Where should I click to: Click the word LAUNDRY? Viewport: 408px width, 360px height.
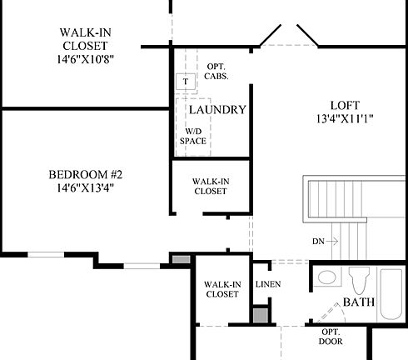217,110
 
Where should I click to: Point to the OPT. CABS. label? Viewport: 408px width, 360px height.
216,72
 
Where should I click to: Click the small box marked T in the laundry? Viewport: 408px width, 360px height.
185,82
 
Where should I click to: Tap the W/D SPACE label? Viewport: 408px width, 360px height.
193,137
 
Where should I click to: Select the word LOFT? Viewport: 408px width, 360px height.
344,105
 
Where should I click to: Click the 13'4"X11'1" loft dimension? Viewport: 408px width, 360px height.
344,118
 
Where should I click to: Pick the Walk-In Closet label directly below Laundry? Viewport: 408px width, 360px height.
210,186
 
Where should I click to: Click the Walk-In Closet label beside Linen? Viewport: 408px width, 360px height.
221,289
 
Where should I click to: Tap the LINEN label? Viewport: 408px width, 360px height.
267,285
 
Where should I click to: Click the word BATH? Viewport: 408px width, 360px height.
358,302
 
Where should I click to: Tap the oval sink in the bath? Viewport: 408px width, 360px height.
326,278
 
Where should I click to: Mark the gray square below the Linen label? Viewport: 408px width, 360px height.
261,317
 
